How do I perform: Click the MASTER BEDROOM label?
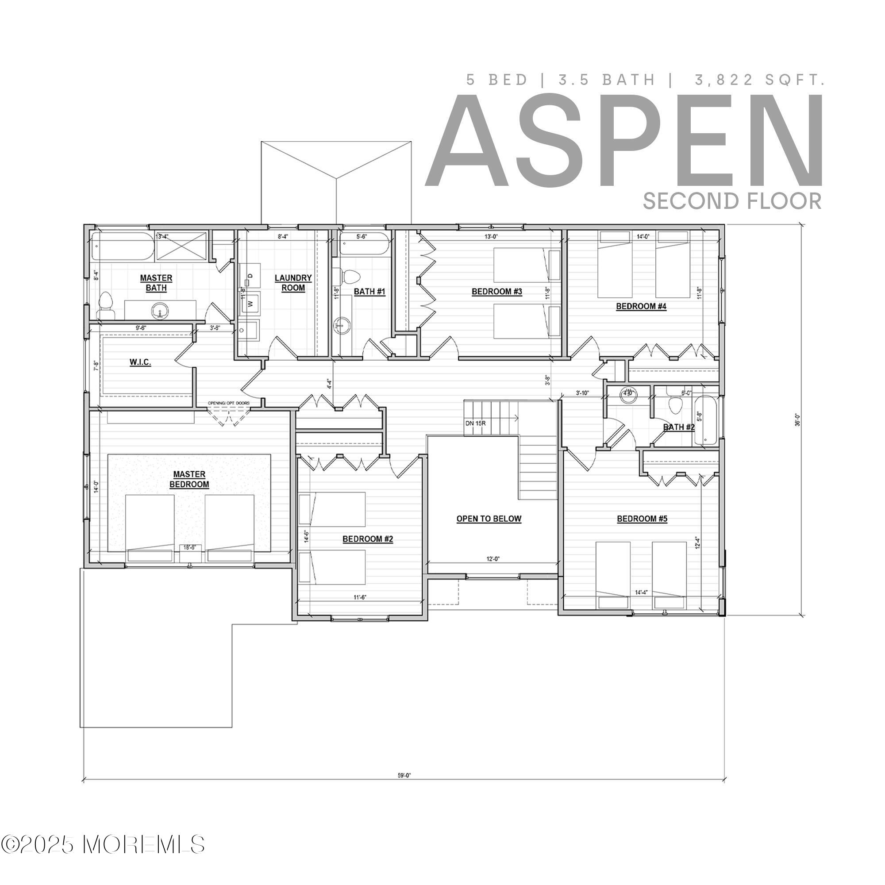point(189,479)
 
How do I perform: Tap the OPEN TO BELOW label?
point(489,519)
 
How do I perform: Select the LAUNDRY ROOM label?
point(293,283)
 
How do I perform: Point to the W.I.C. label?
point(140,362)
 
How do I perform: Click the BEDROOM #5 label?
point(642,519)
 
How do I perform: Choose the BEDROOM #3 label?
point(497,291)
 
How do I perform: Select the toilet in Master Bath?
point(106,304)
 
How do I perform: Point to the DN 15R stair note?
point(476,423)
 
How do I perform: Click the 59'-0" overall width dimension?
point(404,776)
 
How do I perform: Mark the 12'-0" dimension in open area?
point(493,559)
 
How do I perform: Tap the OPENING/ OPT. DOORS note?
point(229,403)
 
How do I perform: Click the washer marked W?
point(250,303)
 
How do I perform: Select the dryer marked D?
point(250,275)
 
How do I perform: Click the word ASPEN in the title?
point(624,141)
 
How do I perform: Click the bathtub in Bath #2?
point(706,421)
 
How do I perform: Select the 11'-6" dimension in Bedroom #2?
point(360,597)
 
